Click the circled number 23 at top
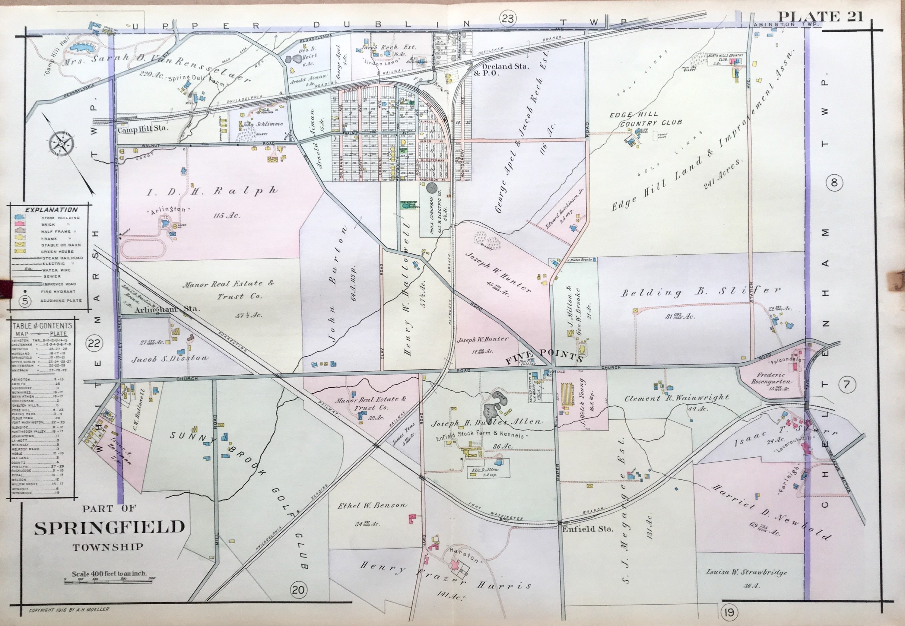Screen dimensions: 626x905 point(508,18)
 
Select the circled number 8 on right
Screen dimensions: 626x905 point(834,183)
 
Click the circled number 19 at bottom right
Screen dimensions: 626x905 point(729,612)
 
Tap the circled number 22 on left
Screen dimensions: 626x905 point(94,344)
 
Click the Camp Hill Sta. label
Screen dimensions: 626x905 point(142,129)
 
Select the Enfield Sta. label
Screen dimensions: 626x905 point(587,529)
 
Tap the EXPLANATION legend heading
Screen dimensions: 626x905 point(51,210)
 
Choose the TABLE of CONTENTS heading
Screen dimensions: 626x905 point(42,326)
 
